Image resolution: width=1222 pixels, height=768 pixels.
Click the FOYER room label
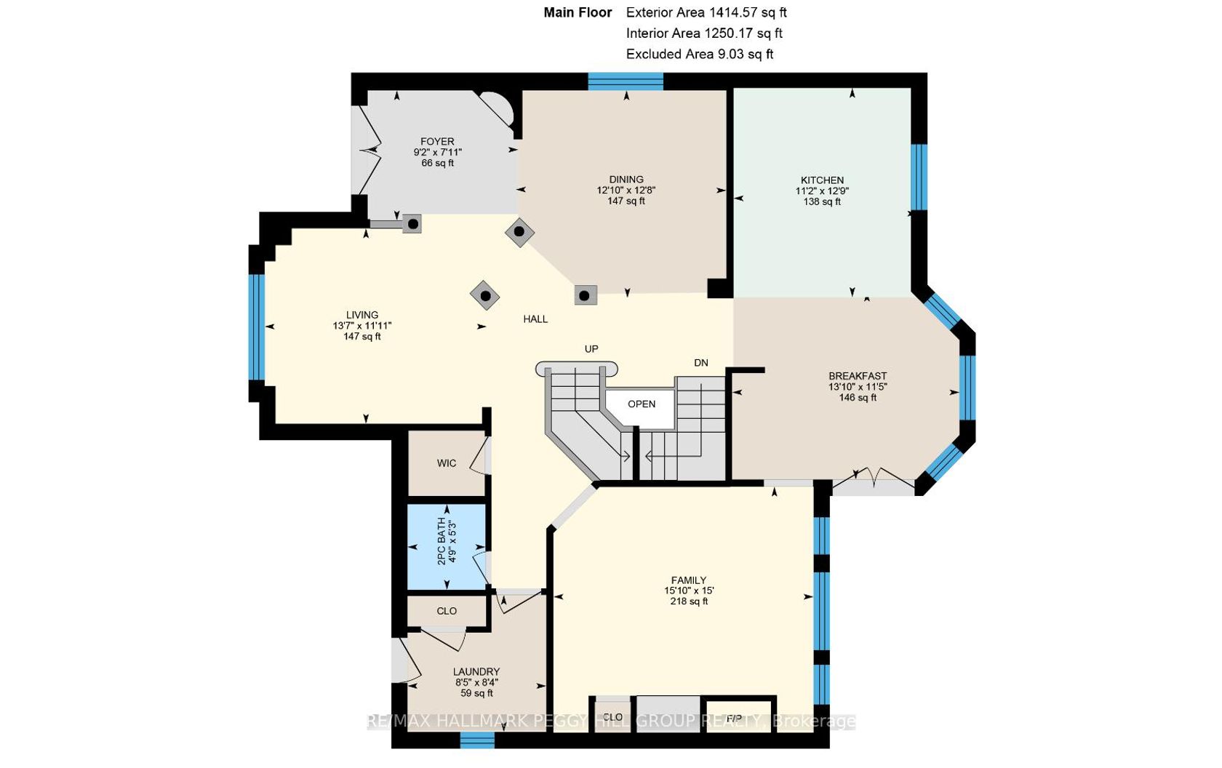(437, 141)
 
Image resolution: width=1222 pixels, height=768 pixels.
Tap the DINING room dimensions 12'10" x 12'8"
(626, 191)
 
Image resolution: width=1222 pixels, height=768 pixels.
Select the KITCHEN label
(822, 180)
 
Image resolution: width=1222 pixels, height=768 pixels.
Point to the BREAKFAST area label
(858, 376)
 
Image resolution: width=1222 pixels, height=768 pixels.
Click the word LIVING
(362, 315)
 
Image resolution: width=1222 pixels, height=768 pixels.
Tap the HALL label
(535, 319)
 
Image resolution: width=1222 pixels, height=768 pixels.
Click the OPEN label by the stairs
(642, 404)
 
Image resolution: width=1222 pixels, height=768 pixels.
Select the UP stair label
(591, 348)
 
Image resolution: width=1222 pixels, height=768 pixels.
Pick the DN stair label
(701, 363)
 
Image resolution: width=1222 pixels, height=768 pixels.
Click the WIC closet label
(447, 463)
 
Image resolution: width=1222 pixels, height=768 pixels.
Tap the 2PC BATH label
(442, 541)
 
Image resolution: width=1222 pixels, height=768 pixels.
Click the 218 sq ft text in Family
(689, 601)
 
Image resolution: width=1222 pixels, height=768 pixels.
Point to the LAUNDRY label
(476, 672)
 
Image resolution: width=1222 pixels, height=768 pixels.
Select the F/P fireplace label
(735, 718)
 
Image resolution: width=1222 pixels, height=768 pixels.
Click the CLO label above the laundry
(447, 611)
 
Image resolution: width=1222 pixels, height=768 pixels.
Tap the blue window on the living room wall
(256, 327)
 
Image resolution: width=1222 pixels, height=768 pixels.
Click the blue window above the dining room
(626, 81)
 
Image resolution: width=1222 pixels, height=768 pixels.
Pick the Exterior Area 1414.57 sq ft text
(706, 12)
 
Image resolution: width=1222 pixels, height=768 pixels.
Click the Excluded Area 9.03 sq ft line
(700, 54)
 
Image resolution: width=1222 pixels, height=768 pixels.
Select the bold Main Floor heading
(578, 12)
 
